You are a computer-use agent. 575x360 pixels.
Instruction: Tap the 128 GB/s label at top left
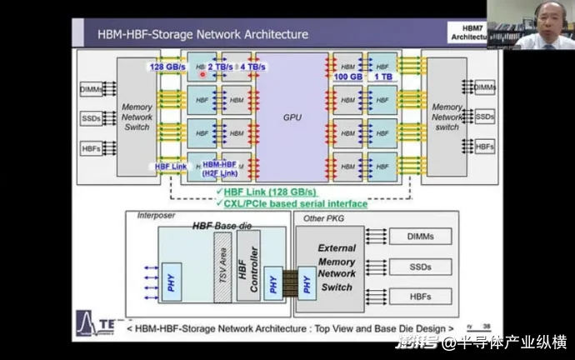pos(167,67)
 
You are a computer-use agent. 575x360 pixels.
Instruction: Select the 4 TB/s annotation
pos(252,67)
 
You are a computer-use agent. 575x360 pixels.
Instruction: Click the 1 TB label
pos(384,77)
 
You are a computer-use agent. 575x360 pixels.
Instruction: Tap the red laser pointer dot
pos(202,74)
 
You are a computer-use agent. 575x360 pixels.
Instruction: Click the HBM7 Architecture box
pos(468,33)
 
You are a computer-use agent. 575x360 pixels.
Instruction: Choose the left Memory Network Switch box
pos(137,117)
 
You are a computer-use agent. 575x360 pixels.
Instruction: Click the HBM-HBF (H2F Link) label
pos(221,169)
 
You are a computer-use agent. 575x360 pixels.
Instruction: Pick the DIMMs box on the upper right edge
pos(484,87)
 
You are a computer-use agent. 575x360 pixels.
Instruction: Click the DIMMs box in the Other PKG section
pos(419,237)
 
